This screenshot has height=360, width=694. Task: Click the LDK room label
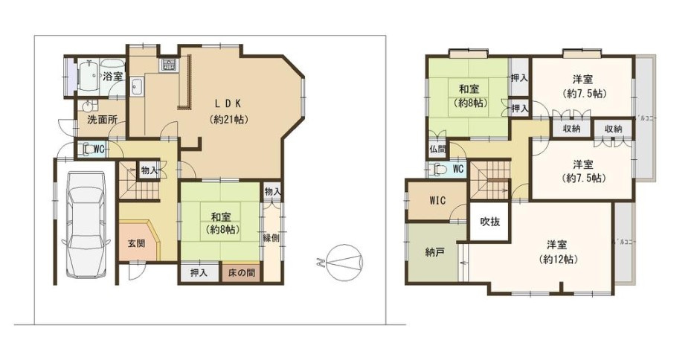228,103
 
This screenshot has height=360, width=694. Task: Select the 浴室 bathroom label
112,76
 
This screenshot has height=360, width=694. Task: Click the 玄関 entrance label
136,243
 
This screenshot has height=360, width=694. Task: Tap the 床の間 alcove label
241,273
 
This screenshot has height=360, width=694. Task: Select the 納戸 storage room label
436,252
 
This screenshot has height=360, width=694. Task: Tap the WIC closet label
437,200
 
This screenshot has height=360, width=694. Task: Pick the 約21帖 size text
228,118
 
